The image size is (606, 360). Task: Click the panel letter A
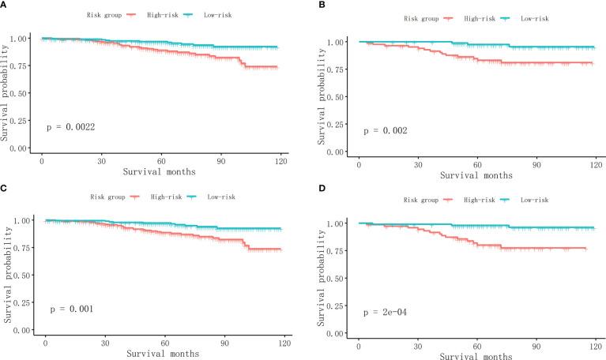5,5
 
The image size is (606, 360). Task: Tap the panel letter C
5,189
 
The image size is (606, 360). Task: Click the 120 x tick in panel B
595,161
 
